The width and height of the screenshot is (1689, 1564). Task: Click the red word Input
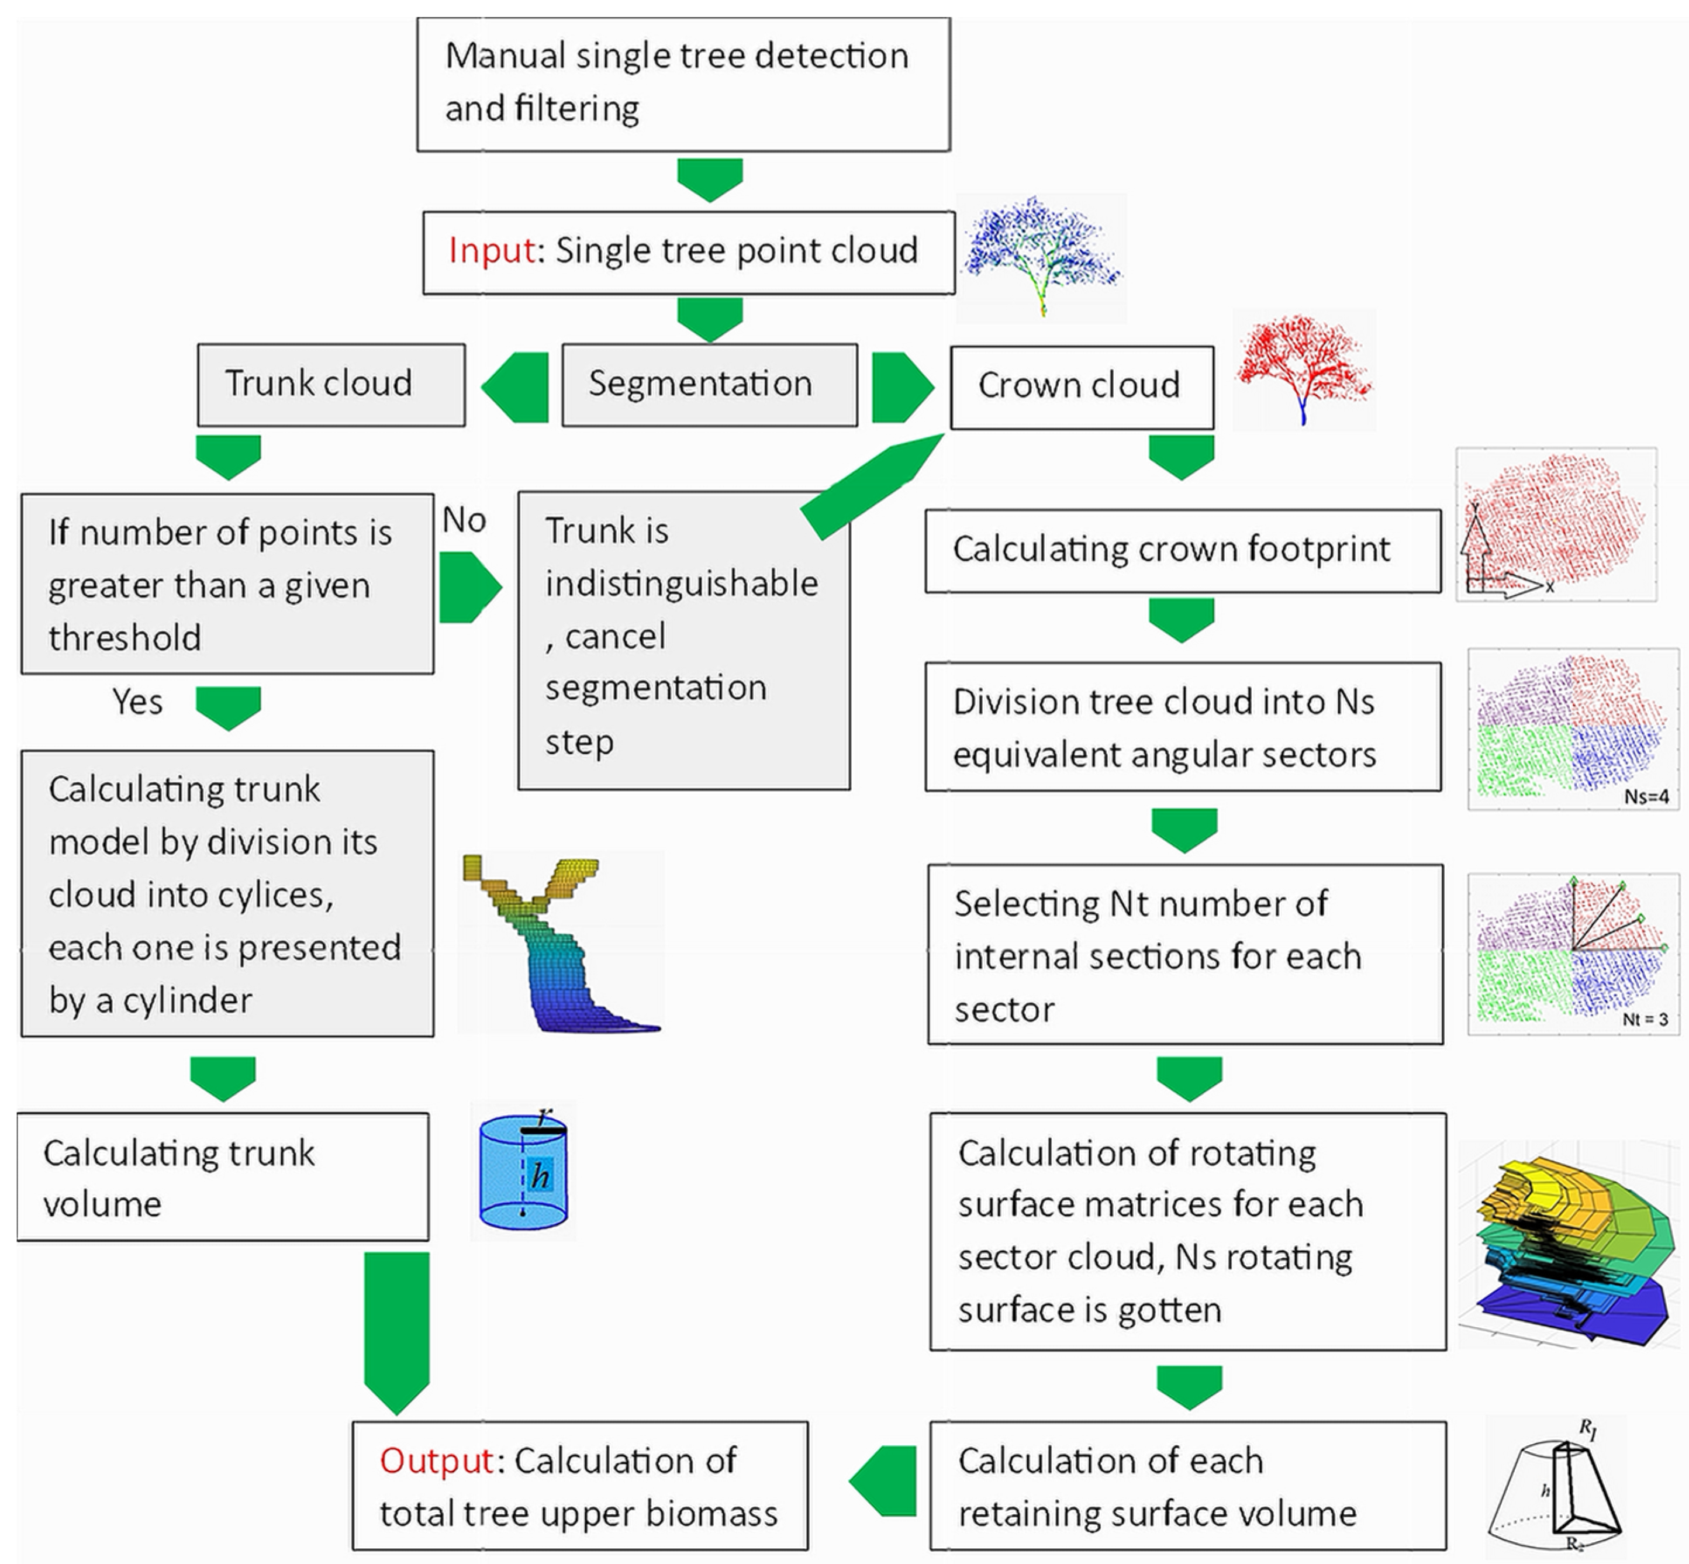tap(491, 250)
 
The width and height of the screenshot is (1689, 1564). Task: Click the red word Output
tap(436, 1460)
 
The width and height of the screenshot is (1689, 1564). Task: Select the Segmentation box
tap(709, 384)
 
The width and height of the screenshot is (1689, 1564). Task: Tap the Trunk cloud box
tap(331, 384)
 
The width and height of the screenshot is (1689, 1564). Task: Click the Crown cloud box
tap(1080, 386)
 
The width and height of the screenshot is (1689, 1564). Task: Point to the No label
tap(464, 520)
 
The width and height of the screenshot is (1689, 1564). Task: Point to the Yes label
tap(137, 702)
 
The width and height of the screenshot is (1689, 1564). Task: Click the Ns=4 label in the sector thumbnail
tap(1645, 796)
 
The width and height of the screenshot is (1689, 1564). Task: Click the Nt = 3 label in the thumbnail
tap(1644, 1020)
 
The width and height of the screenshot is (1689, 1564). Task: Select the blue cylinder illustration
tap(522, 1172)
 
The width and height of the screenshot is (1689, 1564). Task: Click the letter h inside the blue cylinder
tap(540, 1176)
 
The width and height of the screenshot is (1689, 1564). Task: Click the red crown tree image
tap(1303, 368)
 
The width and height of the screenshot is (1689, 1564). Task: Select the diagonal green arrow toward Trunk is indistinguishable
tap(872, 486)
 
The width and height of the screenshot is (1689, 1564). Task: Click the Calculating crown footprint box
tap(1182, 550)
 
